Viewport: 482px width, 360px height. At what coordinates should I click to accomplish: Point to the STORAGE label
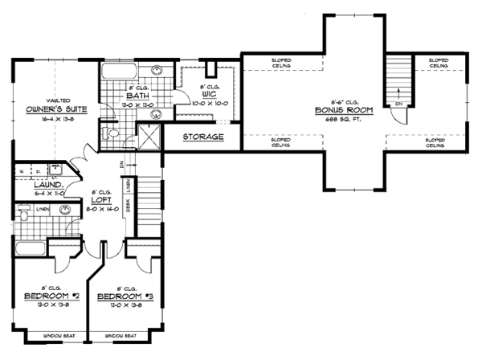tap(202, 137)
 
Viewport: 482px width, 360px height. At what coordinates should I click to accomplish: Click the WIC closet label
tap(210, 95)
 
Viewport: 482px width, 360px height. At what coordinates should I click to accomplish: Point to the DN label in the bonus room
tap(398, 105)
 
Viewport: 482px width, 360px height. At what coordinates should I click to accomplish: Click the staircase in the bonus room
tap(397, 77)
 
